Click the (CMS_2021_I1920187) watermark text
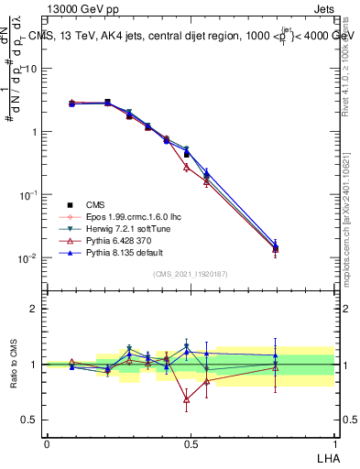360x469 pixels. [190, 274]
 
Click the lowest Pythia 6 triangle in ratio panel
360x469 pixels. [187, 399]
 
